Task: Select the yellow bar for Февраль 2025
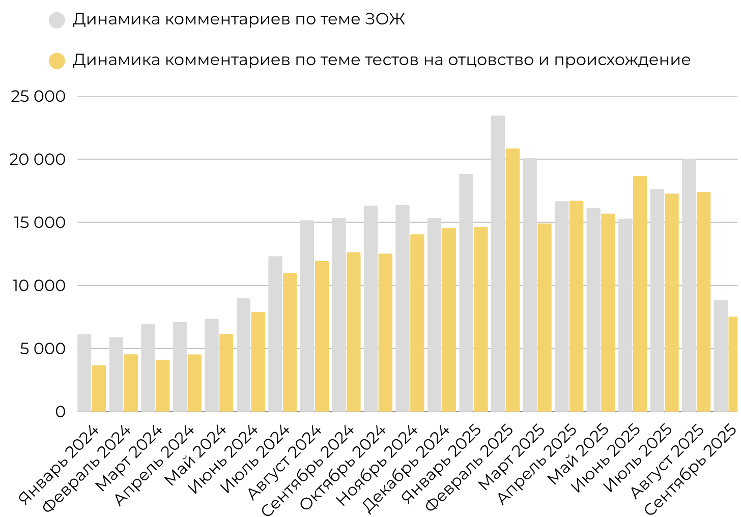click(x=512, y=280)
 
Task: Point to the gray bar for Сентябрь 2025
click(x=721, y=356)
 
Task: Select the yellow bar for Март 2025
click(x=544, y=318)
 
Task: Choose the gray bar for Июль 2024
click(x=275, y=334)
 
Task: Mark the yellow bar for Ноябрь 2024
click(x=417, y=323)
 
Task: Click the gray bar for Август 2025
click(x=689, y=285)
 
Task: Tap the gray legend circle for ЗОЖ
click(x=57, y=20)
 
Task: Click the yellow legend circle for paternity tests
click(x=57, y=61)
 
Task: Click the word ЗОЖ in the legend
click(x=385, y=19)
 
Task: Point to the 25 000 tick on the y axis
click(x=38, y=96)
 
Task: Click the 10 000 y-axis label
click(x=38, y=285)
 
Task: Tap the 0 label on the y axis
click(x=60, y=412)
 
